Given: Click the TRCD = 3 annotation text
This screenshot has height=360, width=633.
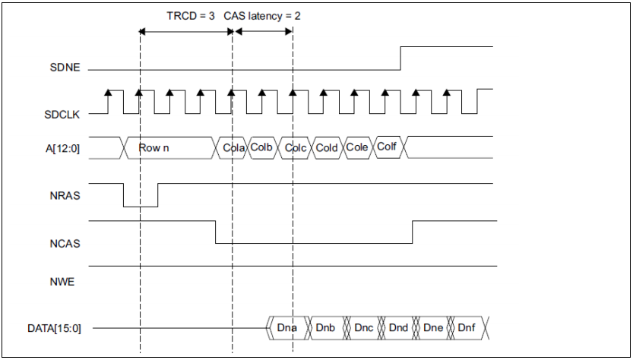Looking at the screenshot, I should click(x=190, y=15).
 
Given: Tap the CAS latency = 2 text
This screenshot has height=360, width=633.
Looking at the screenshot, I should click(x=257, y=15).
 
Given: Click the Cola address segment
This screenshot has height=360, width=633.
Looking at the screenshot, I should click(x=233, y=147).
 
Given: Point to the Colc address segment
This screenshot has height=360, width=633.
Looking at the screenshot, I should click(x=296, y=147).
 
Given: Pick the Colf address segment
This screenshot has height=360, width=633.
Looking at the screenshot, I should click(x=388, y=147).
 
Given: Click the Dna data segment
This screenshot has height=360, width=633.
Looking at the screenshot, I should click(x=287, y=328).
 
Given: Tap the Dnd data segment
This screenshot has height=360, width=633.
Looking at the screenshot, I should click(x=399, y=328).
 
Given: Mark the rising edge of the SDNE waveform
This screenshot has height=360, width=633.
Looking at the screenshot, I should click(x=400, y=58).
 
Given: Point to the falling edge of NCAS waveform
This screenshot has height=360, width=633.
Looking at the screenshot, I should click(x=217, y=232).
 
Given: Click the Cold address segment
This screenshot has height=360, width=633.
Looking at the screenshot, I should click(x=327, y=147).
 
